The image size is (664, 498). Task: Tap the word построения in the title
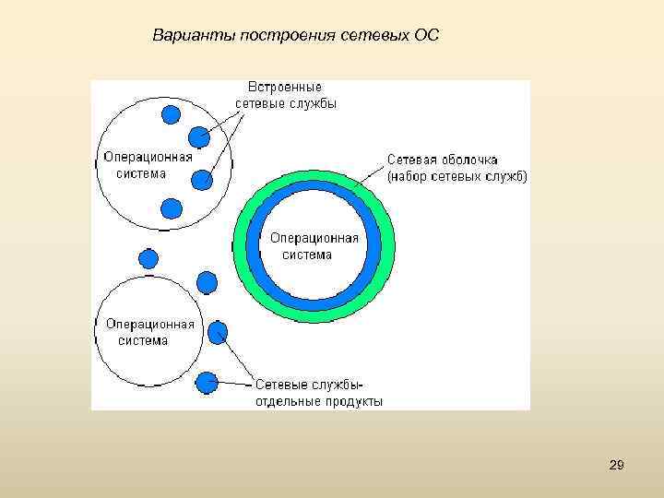pos(280,36)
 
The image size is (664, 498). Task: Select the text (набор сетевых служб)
pos(456,176)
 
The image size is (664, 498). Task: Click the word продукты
pos(354,401)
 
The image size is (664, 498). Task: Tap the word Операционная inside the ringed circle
pos(314,239)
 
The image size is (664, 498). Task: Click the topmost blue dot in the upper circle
pos(172,114)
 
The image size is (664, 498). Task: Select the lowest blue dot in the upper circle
pos(171,208)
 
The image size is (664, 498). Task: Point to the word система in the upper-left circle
pos(141,172)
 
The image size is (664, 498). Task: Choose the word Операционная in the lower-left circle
pos(149,324)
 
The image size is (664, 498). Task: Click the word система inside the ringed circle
pos(307,255)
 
